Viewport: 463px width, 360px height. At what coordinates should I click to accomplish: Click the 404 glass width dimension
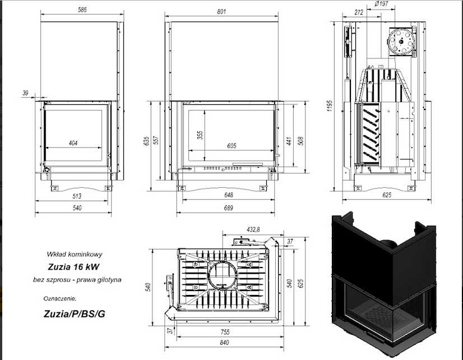click(73, 143)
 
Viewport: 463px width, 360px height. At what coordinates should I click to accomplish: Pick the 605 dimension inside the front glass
click(231, 146)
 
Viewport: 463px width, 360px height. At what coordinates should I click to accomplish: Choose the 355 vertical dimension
click(200, 135)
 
